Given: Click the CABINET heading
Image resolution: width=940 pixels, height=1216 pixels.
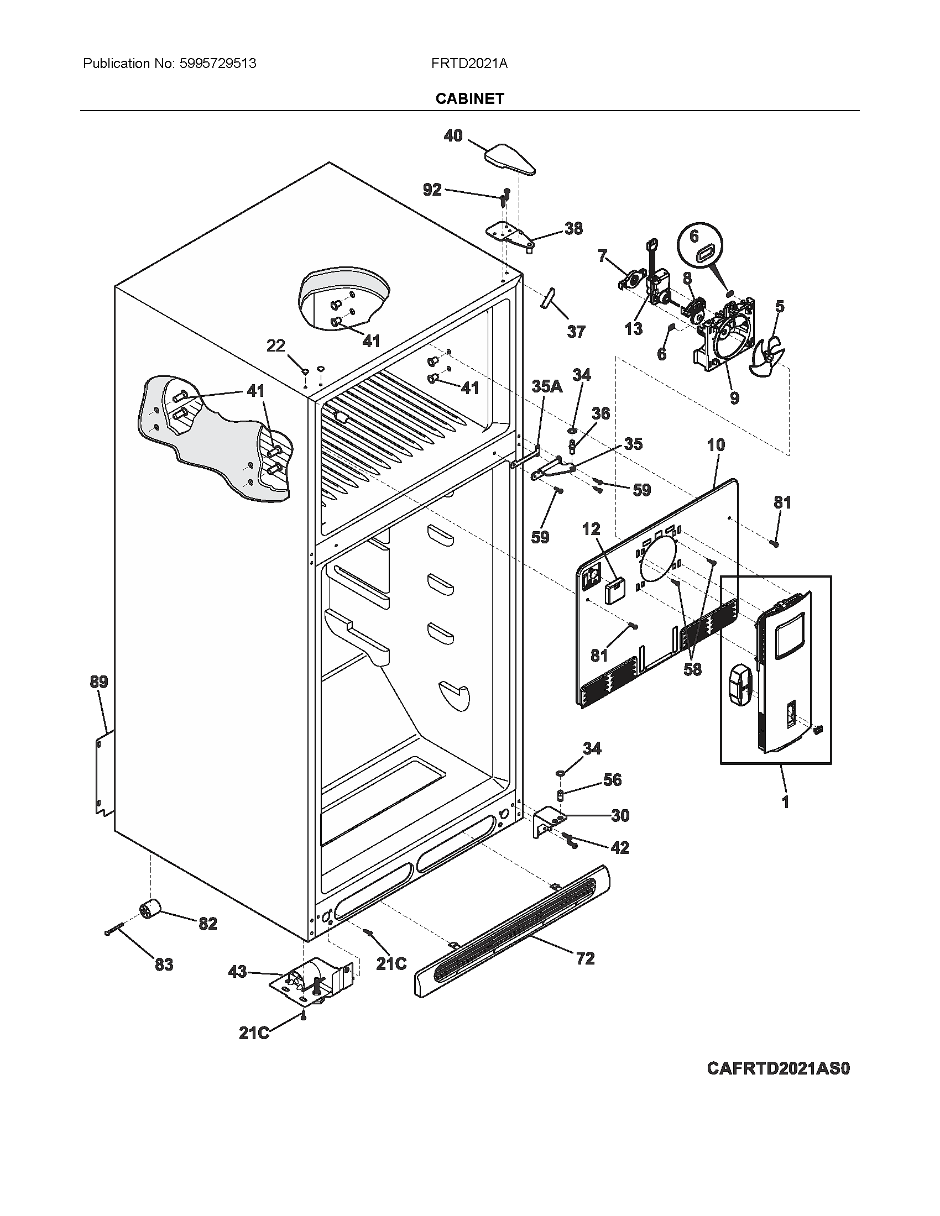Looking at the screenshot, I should click(469, 98).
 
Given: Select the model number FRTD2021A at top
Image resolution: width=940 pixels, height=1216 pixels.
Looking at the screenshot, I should click(469, 64).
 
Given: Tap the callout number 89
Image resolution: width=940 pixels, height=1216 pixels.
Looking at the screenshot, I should click(99, 682).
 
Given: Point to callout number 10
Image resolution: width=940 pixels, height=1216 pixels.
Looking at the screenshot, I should click(716, 445).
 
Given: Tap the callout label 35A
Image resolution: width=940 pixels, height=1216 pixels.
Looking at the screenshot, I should click(547, 387).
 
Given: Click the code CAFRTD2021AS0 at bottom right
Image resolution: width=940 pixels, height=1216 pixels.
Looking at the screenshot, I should click(779, 1068).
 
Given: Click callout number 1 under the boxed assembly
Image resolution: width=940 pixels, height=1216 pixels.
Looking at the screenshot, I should click(785, 803).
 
